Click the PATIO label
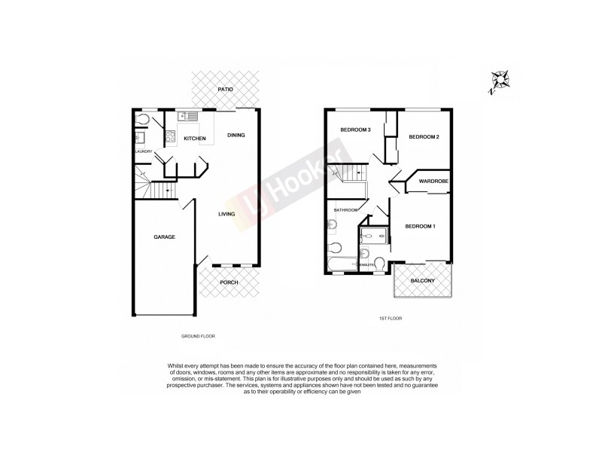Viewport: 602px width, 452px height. click(x=225, y=90)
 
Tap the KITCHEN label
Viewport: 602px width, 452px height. click(x=195, y=139)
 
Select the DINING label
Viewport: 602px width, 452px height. click(x=236, y=136)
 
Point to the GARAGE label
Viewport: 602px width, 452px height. click(x=165, y=237)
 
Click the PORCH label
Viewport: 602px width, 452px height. click(x=229, y=282)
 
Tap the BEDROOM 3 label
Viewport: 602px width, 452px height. click(x=355, y=130)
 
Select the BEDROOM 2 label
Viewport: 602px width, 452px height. click(x=424, y=137)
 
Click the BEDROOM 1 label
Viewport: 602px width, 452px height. click(x=420, y=227)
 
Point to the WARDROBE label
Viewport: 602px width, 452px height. click(x=434, y=182)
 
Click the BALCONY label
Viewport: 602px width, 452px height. click(x=422, y=282)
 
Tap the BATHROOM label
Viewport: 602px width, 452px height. click(x=345, y=210)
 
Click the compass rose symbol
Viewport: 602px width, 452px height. click(x=498, y=79)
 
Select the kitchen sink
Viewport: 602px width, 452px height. click(x=188, y=116)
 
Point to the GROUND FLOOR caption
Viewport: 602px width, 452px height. click(x=199, y=335)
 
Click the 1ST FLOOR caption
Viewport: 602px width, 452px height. click(x=391, y=319)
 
